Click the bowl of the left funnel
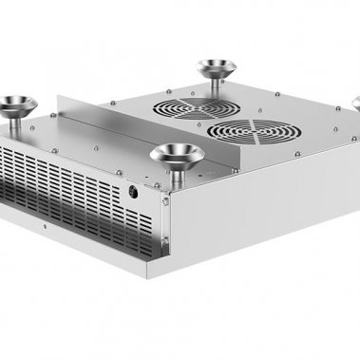pyautogui.click(x=16, y=101)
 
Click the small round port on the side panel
pyautogui.click(x=132, y=190)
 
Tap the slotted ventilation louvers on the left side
pyautogui.click(x=66, y=186)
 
